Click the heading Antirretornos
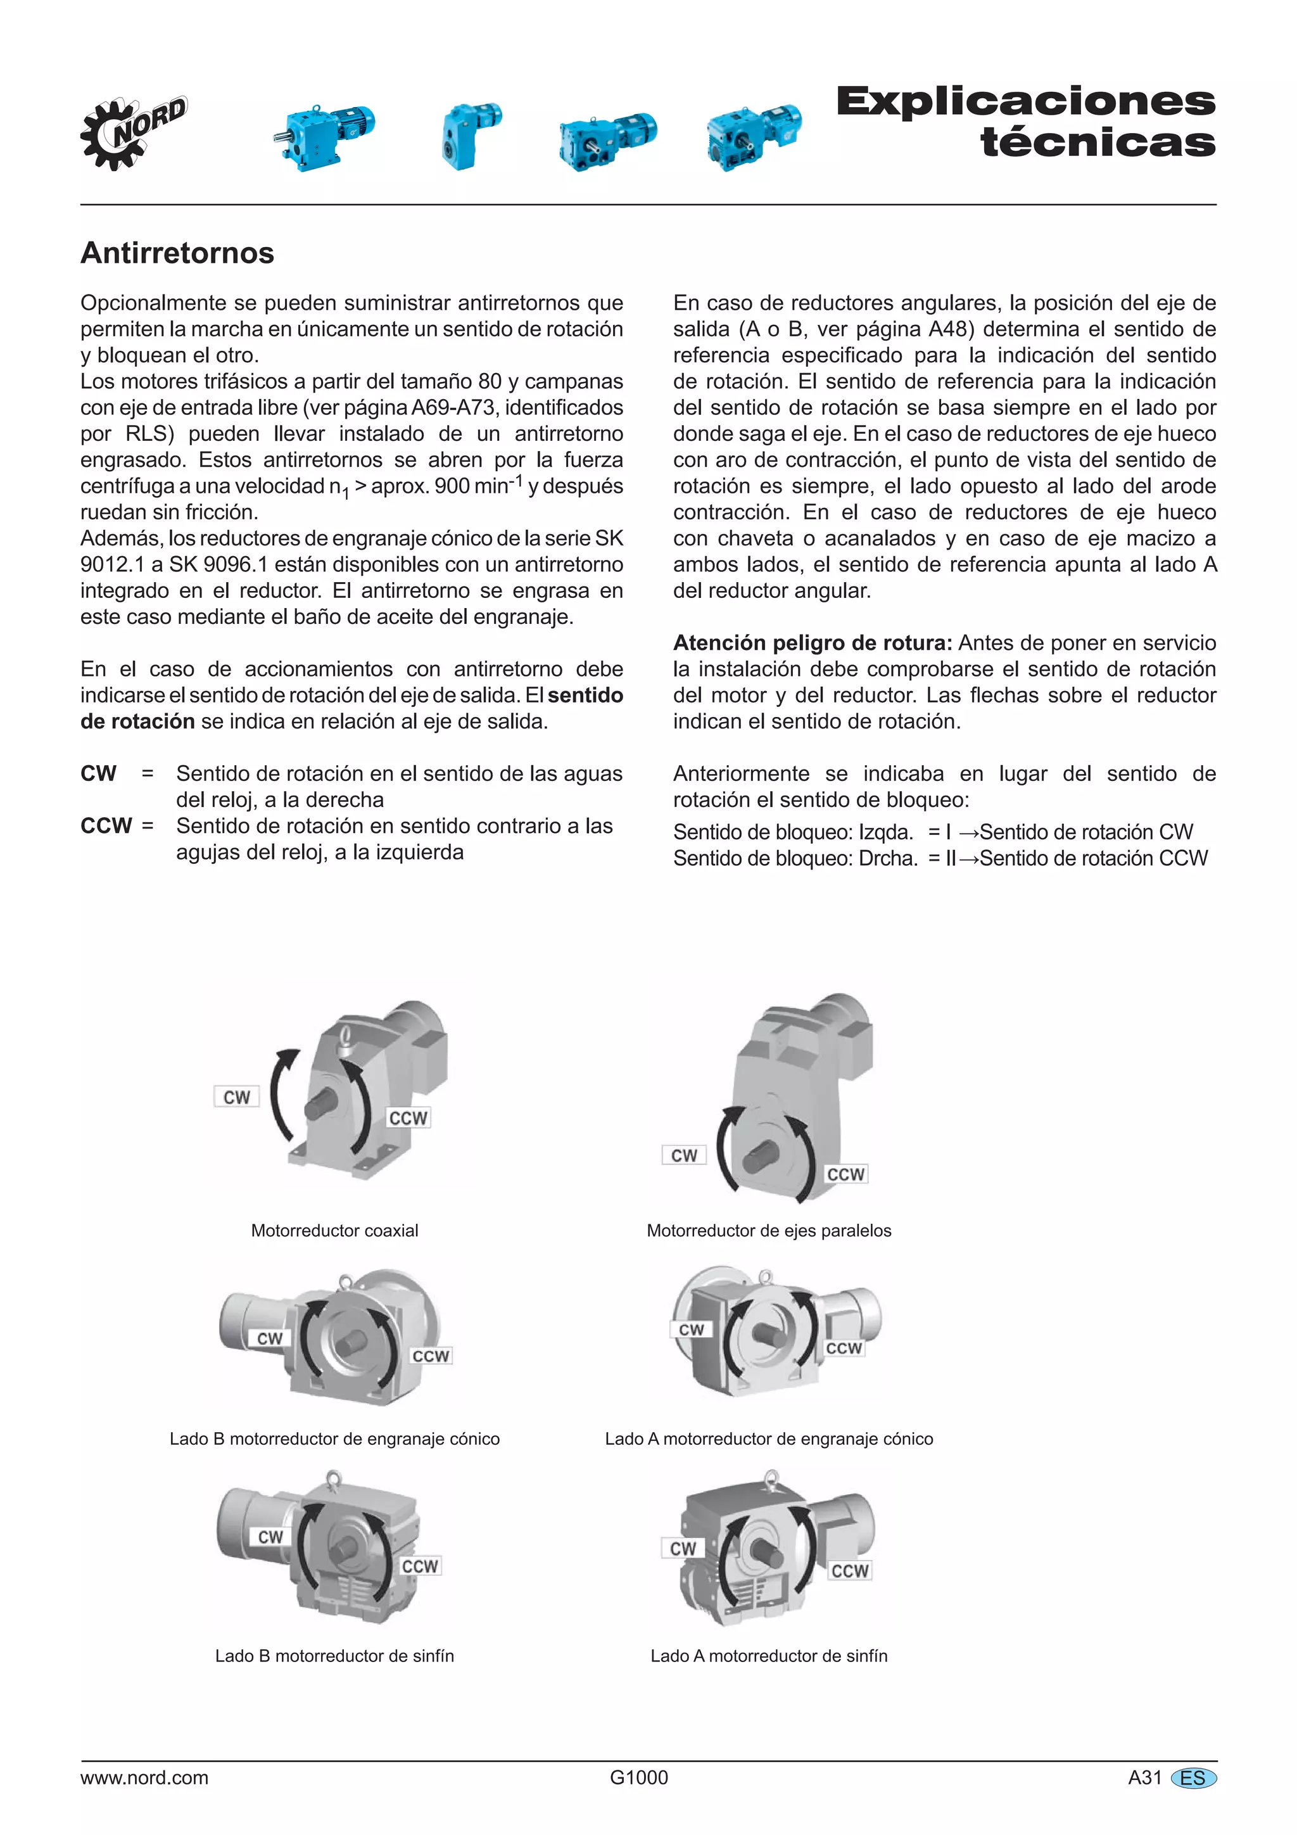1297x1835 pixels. click(177, 253)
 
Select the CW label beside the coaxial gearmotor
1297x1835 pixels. click(237, 1096)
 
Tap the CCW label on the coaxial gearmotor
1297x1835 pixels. click(408, 1118)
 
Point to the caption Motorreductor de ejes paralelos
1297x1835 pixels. click(769, 1231)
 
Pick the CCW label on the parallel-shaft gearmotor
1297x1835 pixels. click(845, 1174)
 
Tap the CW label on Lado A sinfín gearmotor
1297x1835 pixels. click(683, 1548)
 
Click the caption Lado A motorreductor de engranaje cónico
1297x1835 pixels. click(769, 1438)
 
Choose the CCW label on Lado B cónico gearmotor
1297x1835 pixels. click(431, 1356)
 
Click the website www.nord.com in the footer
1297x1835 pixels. click(144, 1777)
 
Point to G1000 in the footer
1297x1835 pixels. click(638, 1777)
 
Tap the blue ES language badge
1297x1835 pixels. click(1193, 1778)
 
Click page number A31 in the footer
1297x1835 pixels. click(1144, 1777)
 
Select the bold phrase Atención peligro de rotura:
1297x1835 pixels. click(812, 642)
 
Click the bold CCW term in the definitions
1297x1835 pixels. click(106, 825)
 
